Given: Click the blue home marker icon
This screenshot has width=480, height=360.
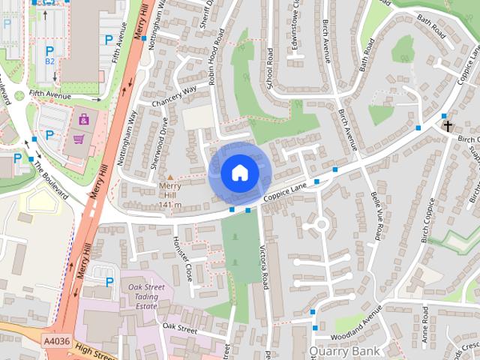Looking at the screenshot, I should [238, 173].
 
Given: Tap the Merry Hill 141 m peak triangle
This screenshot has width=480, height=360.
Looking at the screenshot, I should [169, 177].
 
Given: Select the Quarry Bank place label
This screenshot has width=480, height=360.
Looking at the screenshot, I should [344, 350].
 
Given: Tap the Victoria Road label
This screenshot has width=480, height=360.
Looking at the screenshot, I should [265, 267].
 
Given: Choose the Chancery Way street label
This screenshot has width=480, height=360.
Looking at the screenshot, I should [173, 96].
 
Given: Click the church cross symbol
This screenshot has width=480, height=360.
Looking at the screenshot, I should [448, 126].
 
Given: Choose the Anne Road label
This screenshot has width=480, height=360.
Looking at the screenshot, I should [425, 320].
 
